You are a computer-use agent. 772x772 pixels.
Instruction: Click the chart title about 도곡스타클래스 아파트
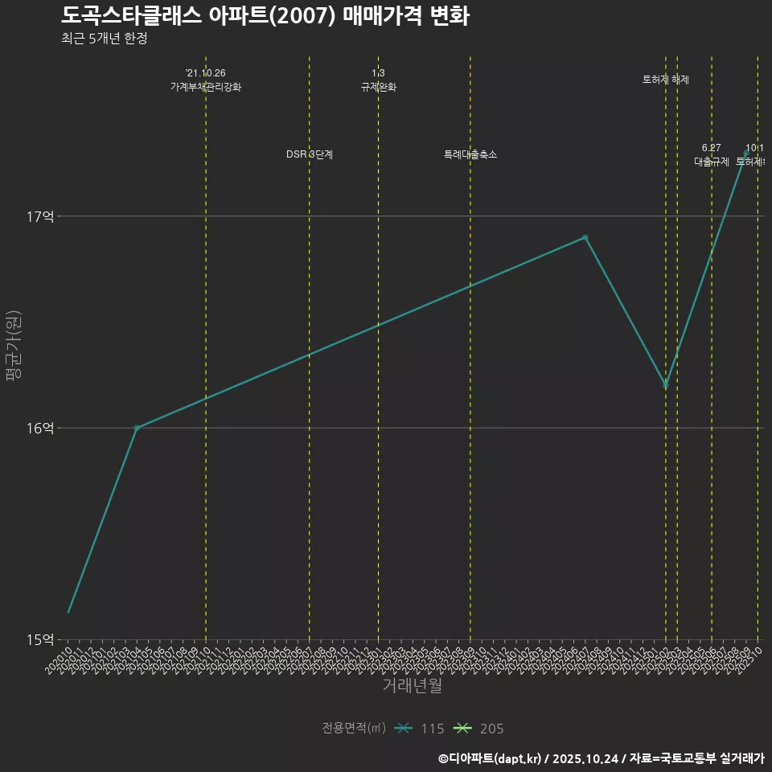click(265, 16)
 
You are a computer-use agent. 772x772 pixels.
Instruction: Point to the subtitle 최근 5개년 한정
click(104, 39)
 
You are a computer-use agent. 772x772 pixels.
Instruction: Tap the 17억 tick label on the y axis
click(39, 216)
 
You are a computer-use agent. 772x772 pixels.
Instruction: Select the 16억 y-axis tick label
click(39, 428)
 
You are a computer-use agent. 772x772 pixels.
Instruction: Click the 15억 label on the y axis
click(39, 639)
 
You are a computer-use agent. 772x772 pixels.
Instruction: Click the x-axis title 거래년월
click(412, 686)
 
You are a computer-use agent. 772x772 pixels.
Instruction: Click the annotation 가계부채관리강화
click(206, 87)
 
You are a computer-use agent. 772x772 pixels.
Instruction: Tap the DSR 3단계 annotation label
click(310, 154)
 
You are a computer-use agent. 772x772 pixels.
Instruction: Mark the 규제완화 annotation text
click(379, 87)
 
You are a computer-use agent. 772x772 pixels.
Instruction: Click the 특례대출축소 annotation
click(470, 154)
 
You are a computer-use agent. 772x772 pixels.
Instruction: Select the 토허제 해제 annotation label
click(666, 80)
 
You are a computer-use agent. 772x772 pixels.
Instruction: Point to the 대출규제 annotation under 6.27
click(712, 161)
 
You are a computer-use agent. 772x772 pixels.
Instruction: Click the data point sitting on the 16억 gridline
click(137, 428)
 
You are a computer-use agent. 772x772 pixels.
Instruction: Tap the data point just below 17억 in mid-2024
click(585, 237)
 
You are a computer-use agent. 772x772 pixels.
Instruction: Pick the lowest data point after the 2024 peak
click(666, 385)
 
